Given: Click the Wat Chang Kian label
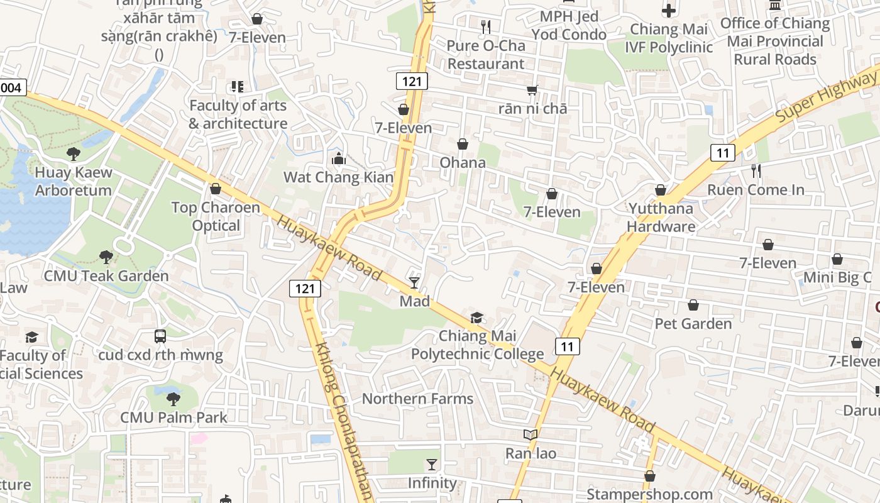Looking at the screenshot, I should point(338,177).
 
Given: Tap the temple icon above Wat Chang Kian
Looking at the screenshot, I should point(339,158).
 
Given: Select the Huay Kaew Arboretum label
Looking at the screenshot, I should point(74,181).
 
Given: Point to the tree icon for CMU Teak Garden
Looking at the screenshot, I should point(106,257).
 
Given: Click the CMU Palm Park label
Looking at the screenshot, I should point(173,417).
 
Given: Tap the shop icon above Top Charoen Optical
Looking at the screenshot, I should point(216,189).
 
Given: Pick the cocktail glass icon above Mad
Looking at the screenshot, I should point(414,282).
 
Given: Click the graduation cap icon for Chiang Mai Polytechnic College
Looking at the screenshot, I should point(477,318).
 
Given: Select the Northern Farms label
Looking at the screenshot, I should point(417,399).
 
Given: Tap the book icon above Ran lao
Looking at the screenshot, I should point(531,434).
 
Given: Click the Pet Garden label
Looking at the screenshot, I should point(693,324).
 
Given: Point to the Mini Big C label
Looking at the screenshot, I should point(837,277).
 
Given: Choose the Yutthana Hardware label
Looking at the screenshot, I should point(661,218).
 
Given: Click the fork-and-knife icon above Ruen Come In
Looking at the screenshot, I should point(756,170).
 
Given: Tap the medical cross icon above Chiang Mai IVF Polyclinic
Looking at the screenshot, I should point(669,11).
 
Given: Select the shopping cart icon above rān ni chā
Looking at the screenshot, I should point(532,90).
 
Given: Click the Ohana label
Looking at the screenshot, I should point(463,163).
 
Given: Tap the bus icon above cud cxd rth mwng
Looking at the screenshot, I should point(160,336).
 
